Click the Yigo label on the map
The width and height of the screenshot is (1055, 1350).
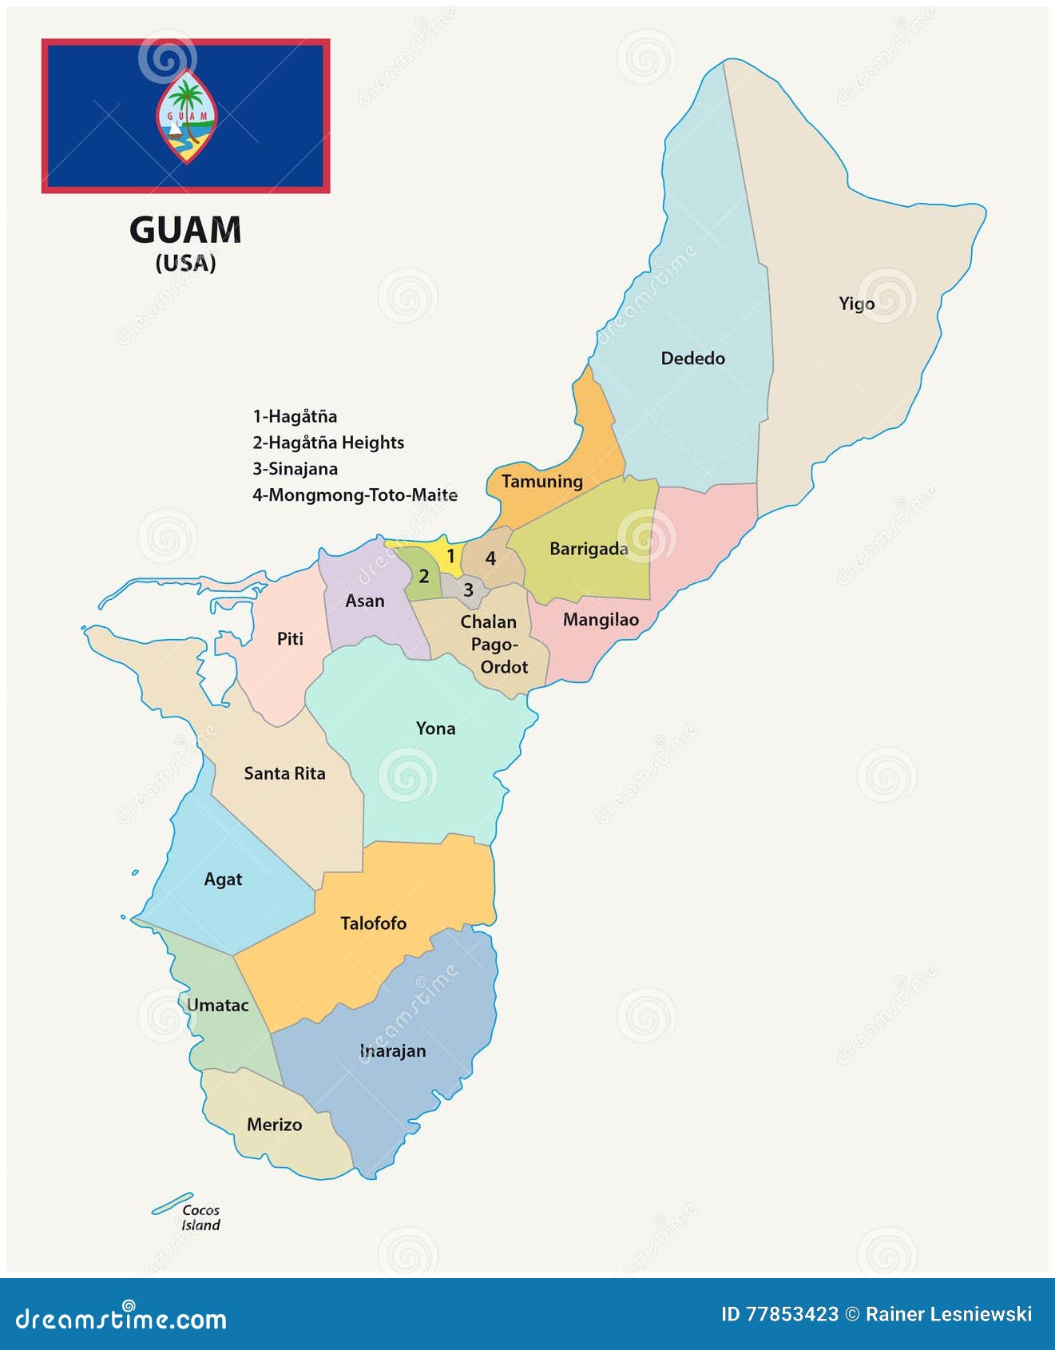pos(856,304)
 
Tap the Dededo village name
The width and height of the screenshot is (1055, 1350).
pos(692,358)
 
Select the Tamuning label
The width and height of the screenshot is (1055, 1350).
pos(541,481)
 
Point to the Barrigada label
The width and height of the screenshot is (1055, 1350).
pos(589,549)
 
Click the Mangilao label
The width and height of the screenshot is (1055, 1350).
pos(601,619)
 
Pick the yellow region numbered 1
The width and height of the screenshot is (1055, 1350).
pos(450,556)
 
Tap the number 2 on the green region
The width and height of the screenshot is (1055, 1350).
pos(424,576)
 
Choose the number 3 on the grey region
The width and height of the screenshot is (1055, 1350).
pos(468,590)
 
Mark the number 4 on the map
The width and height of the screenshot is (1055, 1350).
pos(490,558)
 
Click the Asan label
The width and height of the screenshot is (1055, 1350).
pos(364,601)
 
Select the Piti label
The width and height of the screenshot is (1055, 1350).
pos(290,638)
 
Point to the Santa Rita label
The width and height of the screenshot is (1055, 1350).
pos(284,773)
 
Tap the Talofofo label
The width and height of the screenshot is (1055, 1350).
pos(373,923)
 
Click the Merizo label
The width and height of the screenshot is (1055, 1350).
pos(274,1124)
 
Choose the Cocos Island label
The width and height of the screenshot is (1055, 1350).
pos(200,1217)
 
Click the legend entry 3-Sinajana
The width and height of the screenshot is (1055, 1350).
pos(295,469)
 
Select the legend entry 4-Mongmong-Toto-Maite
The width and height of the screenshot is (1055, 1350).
pos(355,495)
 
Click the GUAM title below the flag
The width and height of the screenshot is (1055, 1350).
pos(185,230)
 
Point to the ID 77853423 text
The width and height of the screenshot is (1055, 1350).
pos(779,1314)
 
